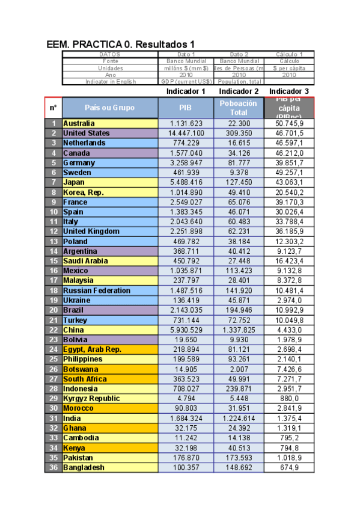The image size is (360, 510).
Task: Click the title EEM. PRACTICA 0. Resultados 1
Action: coord(120,45)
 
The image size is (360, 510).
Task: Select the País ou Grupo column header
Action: coord(110,108)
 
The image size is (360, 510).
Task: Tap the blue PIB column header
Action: coord(186,108)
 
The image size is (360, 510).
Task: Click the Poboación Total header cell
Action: coord(238,108)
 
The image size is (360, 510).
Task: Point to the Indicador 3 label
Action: coord(288,91)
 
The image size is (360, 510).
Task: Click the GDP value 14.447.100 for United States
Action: coord(186,133)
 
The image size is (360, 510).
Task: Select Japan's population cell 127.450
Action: coord(238,182)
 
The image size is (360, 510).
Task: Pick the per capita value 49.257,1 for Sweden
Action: coord(288,172)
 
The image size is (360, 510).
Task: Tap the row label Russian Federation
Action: coord(96,290)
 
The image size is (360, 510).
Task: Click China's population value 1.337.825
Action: coord(238,330)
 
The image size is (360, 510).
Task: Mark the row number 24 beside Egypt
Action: coord(53,349)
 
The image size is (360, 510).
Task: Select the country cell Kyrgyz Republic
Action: coord(91,398)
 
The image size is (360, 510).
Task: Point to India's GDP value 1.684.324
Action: coord(186,418)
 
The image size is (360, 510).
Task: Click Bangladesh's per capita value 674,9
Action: coord(288,467)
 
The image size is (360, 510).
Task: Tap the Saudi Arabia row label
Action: coord(85,261)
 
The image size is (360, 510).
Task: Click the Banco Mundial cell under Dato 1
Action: coord(186,61)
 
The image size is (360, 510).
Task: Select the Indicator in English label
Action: coord(111,81)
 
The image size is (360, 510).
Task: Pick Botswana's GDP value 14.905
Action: coord(186,369)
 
